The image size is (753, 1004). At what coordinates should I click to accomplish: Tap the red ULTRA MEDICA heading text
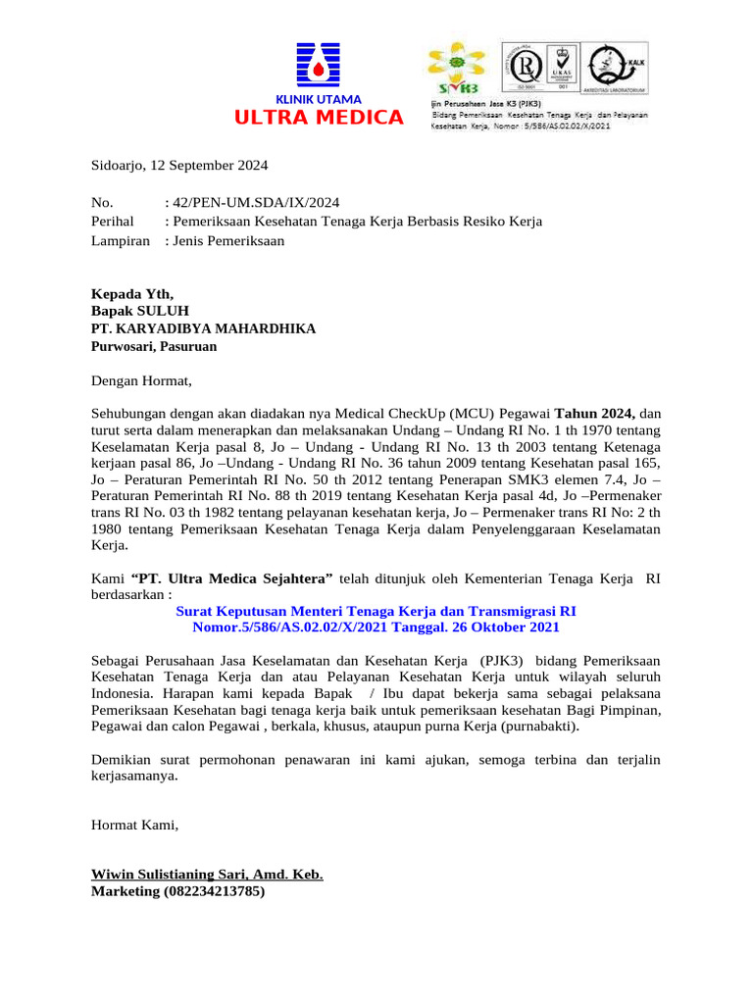[x=318, y=119]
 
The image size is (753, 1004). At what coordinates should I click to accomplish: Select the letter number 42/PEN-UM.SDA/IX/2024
[x=256, y=203]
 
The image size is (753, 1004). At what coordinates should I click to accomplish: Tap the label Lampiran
[x=121, y=240]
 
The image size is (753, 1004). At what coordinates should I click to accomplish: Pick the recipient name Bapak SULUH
[x=139, y=311]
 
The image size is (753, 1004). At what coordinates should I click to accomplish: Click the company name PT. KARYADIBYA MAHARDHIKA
[x=203, y=328]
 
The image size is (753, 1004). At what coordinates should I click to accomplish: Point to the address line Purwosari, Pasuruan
[x=154, y=346]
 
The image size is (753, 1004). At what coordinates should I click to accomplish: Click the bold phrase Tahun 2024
[x=596, y=413]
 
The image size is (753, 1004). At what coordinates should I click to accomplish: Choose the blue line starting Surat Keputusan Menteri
[x=376, y=610]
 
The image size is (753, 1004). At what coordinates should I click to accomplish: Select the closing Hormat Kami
[x=134, y=826]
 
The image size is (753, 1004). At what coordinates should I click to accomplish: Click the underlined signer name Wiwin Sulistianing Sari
[x=206, y=874]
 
